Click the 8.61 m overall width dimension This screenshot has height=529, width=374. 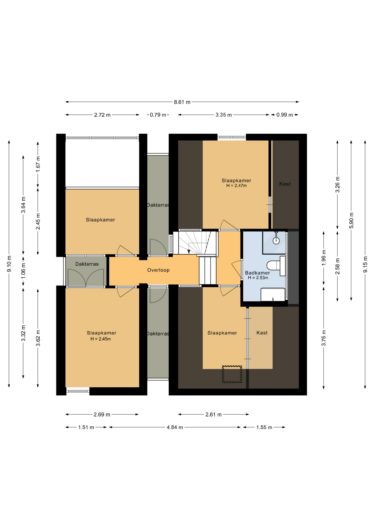click(182, 102)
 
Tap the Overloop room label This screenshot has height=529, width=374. click(158, 270)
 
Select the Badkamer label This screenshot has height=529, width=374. click(258, 273)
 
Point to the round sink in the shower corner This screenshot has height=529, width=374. click(276, 241)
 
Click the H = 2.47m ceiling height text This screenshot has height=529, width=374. click(236, 186)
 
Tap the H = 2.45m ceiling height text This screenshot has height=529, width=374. click(101, 339)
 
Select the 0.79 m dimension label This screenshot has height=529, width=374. click(158, 115)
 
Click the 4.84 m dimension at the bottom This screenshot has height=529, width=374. click(175, 427)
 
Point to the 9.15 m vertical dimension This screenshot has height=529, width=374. click(365, 264)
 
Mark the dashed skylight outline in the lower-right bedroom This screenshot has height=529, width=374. click(232, 374)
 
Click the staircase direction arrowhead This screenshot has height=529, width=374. click(189, 252)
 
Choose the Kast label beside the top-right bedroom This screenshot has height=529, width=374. click(285, 184)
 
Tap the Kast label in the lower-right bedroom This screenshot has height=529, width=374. click(262, 333)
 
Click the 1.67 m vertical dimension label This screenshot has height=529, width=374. click(38, 164)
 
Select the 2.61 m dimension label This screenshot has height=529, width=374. click(213, 414)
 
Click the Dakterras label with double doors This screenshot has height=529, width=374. click(87, 264)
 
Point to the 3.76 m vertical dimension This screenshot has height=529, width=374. click(324, 338)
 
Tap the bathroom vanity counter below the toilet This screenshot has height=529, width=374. click(273, 295)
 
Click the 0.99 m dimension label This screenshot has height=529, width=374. click(284, 115)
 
